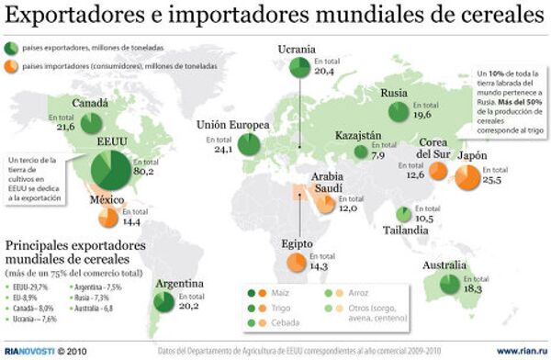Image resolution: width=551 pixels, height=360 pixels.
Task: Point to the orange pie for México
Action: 107,218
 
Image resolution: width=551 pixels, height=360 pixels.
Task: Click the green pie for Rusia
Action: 398,111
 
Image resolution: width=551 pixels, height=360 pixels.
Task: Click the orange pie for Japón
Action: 467,176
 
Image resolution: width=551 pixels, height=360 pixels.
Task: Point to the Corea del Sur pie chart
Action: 437,171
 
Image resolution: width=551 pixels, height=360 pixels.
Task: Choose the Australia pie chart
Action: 449,285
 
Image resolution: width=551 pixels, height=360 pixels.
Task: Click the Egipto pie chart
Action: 297,263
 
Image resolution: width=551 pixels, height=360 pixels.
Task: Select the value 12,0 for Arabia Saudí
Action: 346,208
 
